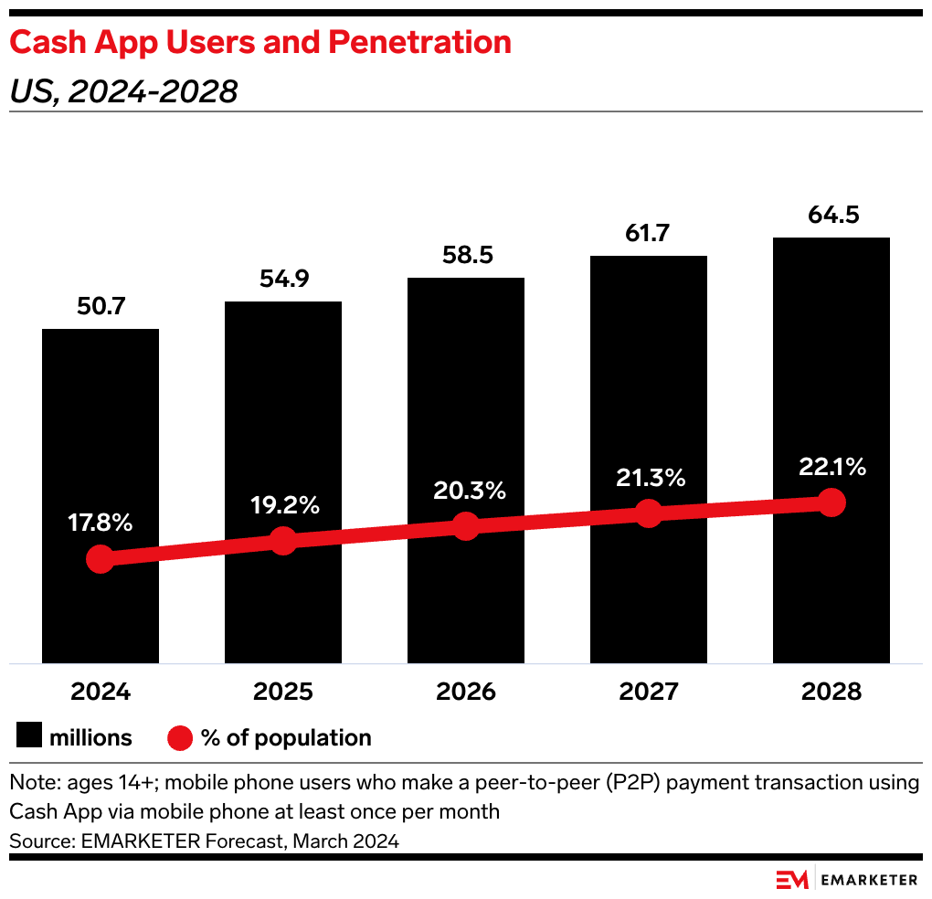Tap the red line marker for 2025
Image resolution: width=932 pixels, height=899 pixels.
pyautogui.click(x=283, y=540)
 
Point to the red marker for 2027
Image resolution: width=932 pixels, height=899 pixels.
pyautogui.click(x=648, y=513)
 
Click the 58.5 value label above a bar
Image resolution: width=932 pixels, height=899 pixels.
pyautogui.click(x=465, y=255)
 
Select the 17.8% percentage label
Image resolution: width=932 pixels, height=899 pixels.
pyautogui.click(x=101, y=524)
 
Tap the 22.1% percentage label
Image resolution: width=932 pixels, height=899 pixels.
pyautogui.click(x=831, y=467)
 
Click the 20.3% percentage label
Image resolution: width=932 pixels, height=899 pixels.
pyautogui.click(x=465, y=490)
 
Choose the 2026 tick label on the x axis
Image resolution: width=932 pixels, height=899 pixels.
pyautogui.click(x=465, y=692)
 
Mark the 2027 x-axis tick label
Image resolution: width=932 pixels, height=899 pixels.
pyautogui.click(x=648, y=692)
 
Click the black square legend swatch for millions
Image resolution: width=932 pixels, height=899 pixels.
pyautogui.click(x=29, y=737)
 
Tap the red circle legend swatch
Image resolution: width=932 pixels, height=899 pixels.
pyautogui.click(x=181, y=737)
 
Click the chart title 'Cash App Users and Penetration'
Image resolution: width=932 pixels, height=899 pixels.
pyautogui.click(x=260, y=43)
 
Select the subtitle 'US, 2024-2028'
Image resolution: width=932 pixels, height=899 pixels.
pyautogui.click(x=123, y=91)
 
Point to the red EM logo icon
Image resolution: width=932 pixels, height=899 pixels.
pyautogui.click(x=792, y=879)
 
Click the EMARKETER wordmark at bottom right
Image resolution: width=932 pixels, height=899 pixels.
pyautogui.click(x=869, y=879)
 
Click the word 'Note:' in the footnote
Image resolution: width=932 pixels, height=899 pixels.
pyautogui.click(x=34, y=783)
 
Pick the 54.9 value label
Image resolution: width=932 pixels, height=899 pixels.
pyautogui.click(x=283, y=280)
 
